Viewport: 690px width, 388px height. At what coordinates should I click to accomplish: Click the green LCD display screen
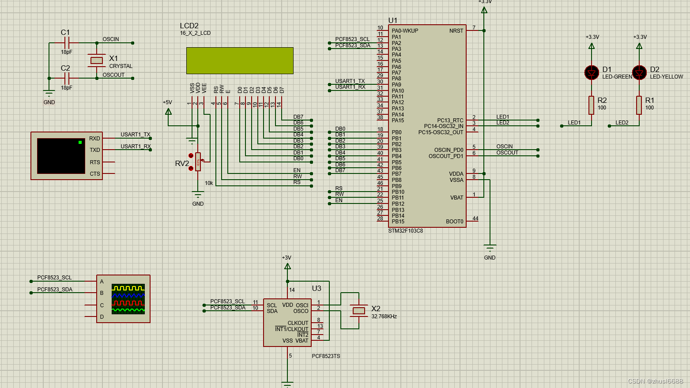coord(240,60)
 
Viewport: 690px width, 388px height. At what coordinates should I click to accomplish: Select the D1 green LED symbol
coord(592,73)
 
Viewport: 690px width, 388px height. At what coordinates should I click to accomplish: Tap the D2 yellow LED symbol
coord(639,73)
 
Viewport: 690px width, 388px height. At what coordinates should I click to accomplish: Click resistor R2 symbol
coord(592,105)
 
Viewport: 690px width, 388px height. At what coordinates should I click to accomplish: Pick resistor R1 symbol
coord(639,105)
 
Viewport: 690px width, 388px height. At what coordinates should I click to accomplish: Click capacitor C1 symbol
coord(67,43)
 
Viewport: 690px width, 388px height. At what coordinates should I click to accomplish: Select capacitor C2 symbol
coord(67,78)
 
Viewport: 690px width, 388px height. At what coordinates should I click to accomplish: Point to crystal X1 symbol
coord(97,60)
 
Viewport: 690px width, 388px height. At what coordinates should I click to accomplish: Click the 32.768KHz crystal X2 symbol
coord(359,311)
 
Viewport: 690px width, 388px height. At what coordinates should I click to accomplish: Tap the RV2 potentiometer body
coord(198,162)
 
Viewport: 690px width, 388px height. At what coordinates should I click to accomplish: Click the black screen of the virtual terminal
coord(60,156)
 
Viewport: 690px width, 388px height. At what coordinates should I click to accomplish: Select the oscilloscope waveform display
coord(128,299)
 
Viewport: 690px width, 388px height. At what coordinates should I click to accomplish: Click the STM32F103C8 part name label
coord(405,231)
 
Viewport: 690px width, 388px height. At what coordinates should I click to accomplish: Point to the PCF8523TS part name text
coord(326,356)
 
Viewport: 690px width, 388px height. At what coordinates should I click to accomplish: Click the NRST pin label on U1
coord(456,31)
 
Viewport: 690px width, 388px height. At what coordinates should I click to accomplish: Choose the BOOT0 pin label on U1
coord(454,222)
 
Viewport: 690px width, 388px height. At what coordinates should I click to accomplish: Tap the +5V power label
coord(167,102)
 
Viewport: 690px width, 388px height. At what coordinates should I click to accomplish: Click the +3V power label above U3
coord(287,258)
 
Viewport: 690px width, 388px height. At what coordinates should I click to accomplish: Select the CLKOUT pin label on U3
coord(298,323)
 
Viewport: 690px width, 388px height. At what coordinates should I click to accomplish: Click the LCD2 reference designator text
coord(189,26)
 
